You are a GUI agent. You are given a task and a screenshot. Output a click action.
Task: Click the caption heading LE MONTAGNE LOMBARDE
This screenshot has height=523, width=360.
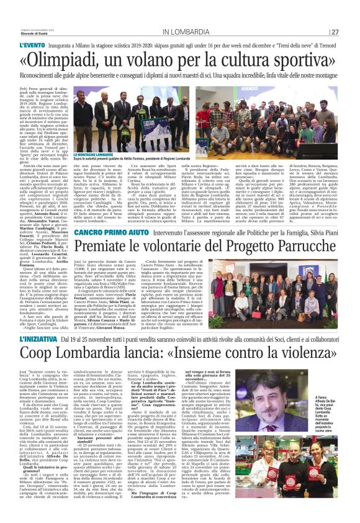pos(92,154)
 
